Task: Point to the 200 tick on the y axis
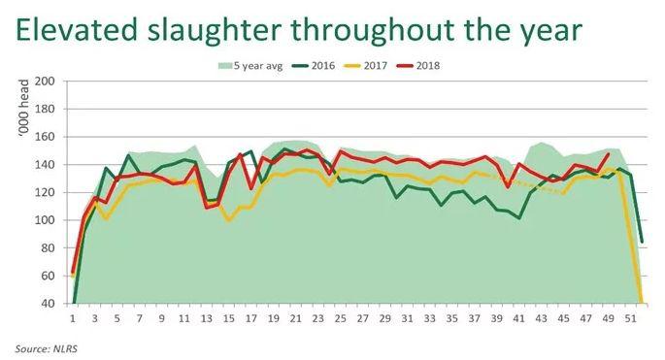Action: (43, 82)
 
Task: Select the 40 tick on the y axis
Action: (46, 304)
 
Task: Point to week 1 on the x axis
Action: (73, 317)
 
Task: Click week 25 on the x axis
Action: (341, 317)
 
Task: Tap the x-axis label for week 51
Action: (631, 317)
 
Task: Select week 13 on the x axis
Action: (207, 317)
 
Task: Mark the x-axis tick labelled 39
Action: (497, 317)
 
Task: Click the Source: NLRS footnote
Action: (46, 346)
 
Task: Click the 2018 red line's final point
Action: (609, 153)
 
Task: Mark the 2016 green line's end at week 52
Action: (643, 243)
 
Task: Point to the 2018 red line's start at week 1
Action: (73, 273)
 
